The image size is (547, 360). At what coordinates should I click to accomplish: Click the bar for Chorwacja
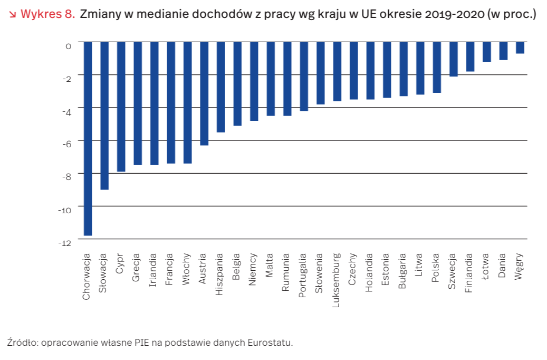coord(88,138)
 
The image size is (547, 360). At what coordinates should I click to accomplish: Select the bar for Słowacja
coord(104,116)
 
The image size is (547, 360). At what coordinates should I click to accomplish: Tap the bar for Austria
coord(204,93)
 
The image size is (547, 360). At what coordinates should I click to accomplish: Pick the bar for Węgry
coord(520,48)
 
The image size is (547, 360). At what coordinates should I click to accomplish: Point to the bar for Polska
coord(436,67)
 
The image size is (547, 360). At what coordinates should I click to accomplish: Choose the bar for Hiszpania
coord(220,87)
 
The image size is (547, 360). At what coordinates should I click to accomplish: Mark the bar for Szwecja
coord(453,59)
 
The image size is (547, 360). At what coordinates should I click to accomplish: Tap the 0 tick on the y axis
coord(69,46)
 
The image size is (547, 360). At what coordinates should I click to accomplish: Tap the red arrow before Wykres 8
coord(13,14)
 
